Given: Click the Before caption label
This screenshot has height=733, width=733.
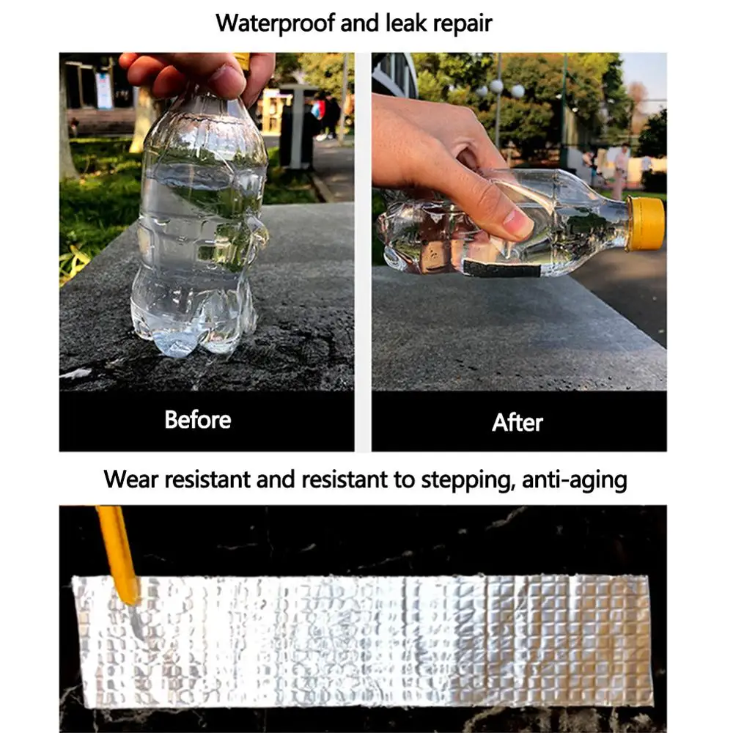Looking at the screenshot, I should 197,420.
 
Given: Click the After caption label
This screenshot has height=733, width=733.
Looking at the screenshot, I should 517,423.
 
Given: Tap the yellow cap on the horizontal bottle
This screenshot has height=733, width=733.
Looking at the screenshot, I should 644,224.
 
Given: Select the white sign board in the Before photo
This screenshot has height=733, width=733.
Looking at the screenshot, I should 104,90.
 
